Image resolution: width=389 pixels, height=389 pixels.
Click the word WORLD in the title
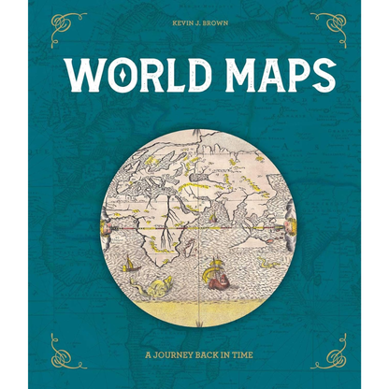click(x=126, y=76)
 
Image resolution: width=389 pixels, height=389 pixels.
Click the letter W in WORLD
click(x=79, y=76)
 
